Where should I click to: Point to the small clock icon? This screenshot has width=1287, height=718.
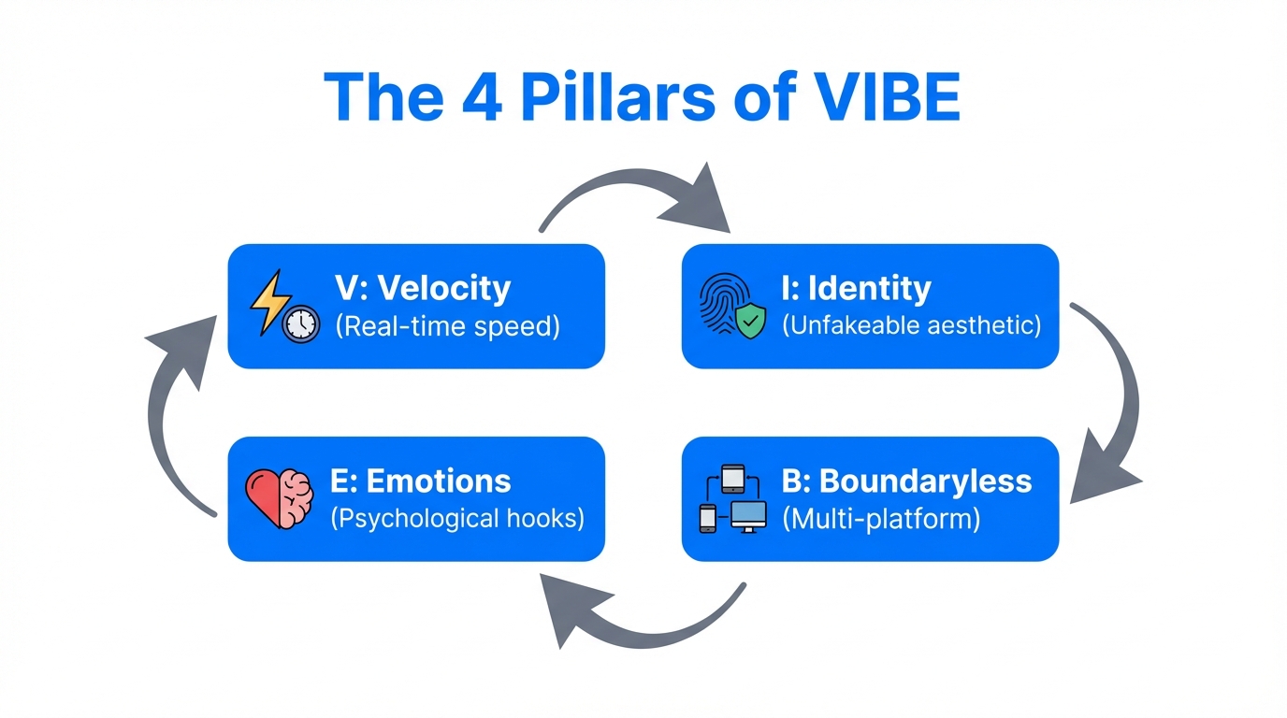(300, 323)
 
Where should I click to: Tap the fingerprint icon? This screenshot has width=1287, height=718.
(721, 304)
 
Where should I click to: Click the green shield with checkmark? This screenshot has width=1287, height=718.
(750, 322)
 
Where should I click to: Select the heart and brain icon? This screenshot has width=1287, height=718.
(279, 498)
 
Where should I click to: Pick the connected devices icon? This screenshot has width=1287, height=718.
(732, 499)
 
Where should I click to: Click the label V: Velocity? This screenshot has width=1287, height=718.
(422, 288)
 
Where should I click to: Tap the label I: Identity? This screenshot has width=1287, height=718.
(856, 288)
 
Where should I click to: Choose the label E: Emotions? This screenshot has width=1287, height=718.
(421, 481)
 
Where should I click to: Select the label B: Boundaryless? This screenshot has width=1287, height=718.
(906, 481)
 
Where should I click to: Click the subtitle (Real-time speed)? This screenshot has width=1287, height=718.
(447, 327)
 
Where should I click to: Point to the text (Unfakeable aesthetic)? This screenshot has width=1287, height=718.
(911, 326)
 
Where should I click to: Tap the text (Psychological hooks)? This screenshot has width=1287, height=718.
(457, 519)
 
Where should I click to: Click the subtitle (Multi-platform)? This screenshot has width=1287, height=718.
(881, 519)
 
